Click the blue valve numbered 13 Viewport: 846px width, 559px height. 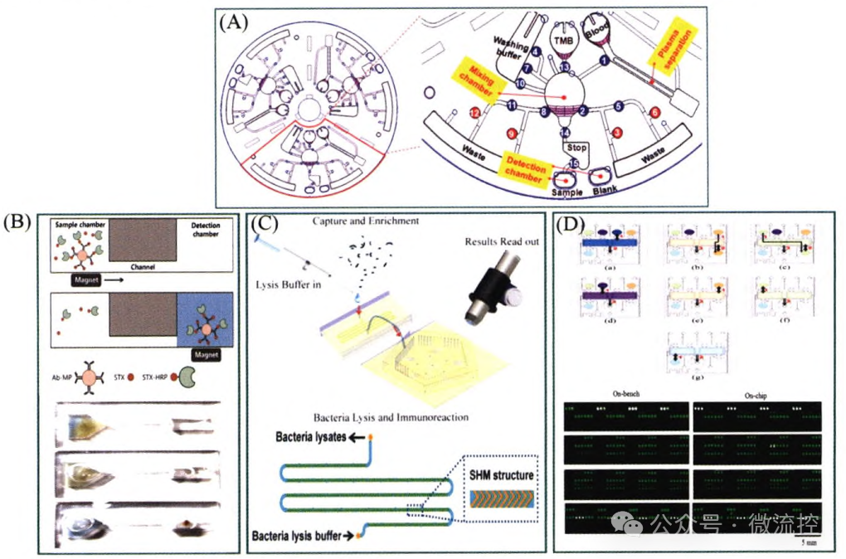tap(563, 66)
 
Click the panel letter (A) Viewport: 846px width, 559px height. tap(234, 22)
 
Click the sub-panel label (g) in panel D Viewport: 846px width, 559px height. tap(699, 377)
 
